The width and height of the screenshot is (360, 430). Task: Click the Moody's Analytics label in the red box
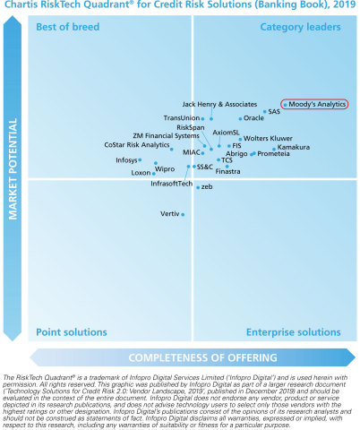tap(316, 104)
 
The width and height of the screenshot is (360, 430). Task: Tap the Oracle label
tap(253, 118)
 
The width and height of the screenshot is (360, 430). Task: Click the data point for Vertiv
tap(183, 214)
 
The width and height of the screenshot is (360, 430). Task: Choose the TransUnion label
tap(182, 118)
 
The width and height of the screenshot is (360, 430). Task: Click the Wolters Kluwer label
tap(268, 139)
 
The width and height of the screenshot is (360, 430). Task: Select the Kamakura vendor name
tap(295, 147)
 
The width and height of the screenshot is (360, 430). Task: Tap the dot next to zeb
tap(198, 186)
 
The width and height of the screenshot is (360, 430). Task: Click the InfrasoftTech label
tap(171, 183)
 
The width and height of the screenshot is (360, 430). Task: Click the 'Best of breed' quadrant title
tap(65, 28)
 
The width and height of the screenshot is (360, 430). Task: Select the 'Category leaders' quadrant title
tap(300, 28)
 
